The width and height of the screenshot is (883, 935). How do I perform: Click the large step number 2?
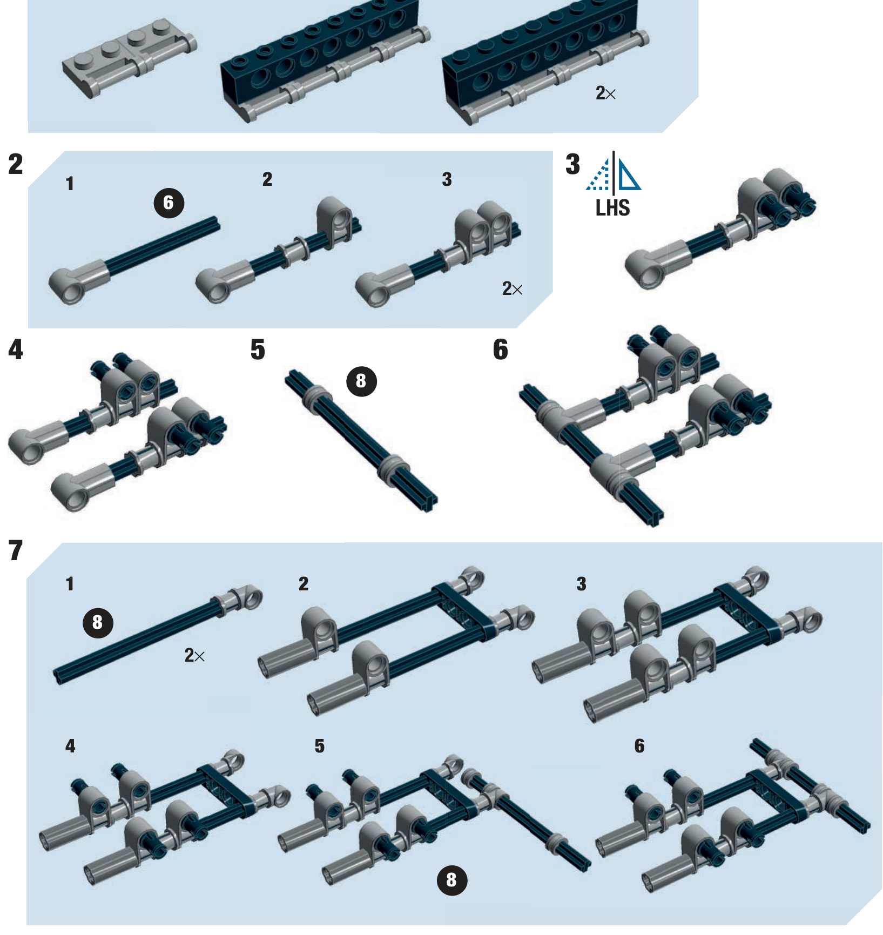tap(16, 164)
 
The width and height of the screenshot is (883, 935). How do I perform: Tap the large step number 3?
tap(572, 164)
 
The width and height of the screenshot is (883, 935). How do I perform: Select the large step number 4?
tap(16, 349)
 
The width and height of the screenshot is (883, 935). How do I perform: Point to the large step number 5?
tap(258, 349)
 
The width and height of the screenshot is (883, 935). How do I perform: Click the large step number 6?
tap(500, 349)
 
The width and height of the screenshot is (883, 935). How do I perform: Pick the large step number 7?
tap(16, 551)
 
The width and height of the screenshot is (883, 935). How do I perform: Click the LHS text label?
tap(612, 208)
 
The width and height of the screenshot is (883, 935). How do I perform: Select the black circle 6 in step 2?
tap(169, 203)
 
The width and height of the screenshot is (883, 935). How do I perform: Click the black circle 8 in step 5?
tap(361, 381)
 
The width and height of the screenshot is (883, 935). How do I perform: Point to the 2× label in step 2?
tap(512, 289)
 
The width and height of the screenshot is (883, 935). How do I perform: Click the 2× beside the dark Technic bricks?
tap(605, 93)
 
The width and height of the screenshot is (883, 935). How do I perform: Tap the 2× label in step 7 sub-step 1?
tap(194, 656)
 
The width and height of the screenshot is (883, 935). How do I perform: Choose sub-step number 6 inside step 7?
tap(639, 746)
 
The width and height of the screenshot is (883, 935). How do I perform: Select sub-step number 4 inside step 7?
tap(70, 746)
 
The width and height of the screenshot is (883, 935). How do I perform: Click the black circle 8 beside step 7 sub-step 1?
tap(98, 622)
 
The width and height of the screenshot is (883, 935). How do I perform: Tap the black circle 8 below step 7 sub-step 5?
tap(451, 880)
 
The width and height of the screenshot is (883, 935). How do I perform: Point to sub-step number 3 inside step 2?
tap(447, 179)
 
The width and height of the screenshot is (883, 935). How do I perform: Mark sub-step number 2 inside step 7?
tap(304, 583)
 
